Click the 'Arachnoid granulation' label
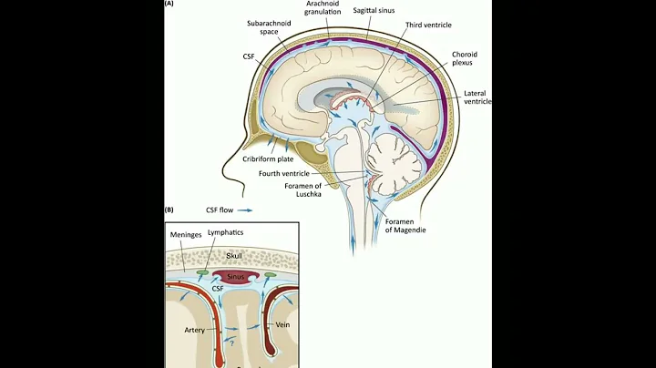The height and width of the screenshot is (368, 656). pos(323,7)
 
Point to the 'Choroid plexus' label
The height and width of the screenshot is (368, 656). pos(464,60)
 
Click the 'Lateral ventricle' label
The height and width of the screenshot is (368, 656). pos(477,97)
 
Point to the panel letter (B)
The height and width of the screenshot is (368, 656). pos(169,210)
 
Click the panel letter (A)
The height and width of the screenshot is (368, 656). pos(169,4)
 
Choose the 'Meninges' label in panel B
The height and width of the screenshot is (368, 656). pos(185,233)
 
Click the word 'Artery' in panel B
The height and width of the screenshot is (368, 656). pos(193,329)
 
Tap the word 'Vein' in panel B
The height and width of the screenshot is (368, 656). pos(282,323)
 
